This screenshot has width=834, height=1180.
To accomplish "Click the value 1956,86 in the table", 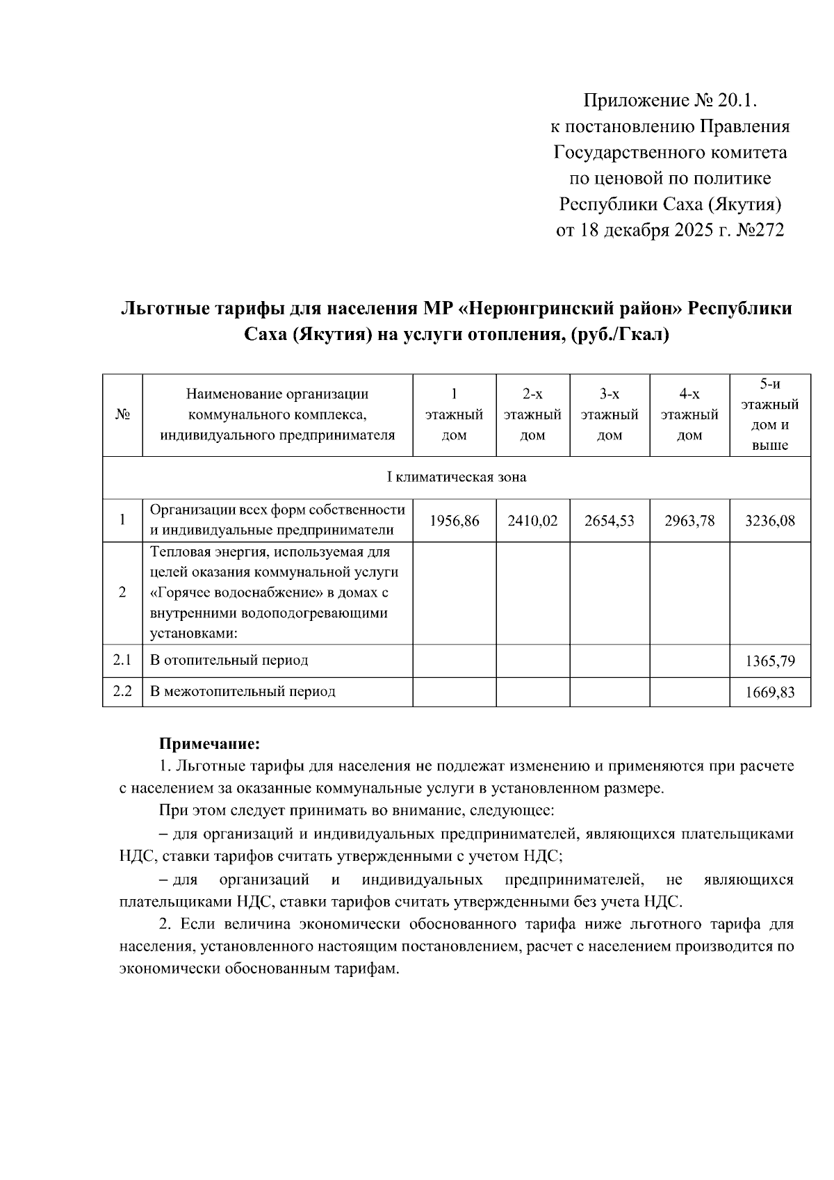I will point(455,521).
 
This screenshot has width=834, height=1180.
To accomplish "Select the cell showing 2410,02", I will point(532,521).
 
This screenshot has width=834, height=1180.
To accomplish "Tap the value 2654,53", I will point(610,521).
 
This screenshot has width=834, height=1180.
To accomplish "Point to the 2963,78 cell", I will point(689,521).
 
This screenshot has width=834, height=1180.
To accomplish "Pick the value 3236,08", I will point(770,521).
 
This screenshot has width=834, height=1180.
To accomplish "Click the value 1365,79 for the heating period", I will point(770,661).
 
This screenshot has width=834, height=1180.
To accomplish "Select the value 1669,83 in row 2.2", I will point(770,693).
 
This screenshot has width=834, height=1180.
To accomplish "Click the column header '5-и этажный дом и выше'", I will point(770,414).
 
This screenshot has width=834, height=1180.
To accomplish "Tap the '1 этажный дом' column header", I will point(455,415).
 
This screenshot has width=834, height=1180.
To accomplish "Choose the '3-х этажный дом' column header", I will point(610,415).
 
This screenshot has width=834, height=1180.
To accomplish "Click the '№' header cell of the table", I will point(123,415).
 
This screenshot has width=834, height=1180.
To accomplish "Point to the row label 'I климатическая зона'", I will point(456,478).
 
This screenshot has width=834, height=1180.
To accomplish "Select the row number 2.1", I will point(122,660).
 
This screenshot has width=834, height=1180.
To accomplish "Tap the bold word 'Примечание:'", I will point(210,744).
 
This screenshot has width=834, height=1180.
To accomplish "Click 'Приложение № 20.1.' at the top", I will point(669,101).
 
